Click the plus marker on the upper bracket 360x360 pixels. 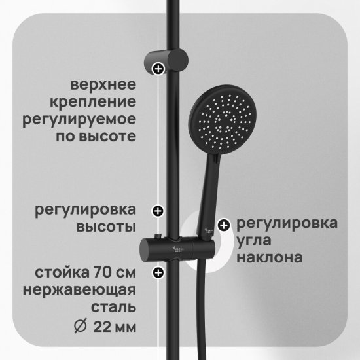[x=158, y=69]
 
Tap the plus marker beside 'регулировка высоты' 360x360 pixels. [x=158, y=211]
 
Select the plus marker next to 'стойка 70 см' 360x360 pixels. [x=158, y=272]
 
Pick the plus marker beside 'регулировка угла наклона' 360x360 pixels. [x=224, y=225]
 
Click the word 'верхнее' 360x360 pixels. [x=103, y=85]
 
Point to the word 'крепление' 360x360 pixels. [x=93, y=102]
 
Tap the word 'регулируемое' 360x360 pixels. [x=79, y=120]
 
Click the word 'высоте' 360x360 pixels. [x=107, y=136]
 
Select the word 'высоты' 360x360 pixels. [x=106, y=227]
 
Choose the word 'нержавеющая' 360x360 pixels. [x=79, y=291]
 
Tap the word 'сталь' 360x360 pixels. [x=113, y=308]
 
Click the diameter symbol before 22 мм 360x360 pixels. [x=81, y=325]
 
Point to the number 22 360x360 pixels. [x=103, y=327]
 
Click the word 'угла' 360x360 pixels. [x=254, y=241]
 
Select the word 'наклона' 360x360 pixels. [x=269, y=258]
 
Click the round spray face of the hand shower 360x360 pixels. [x=223, y=120]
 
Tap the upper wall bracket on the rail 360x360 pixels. [x=166, y=61]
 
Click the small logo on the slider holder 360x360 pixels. [x=177, y=249]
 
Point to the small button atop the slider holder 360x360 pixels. [x=158, y=236]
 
